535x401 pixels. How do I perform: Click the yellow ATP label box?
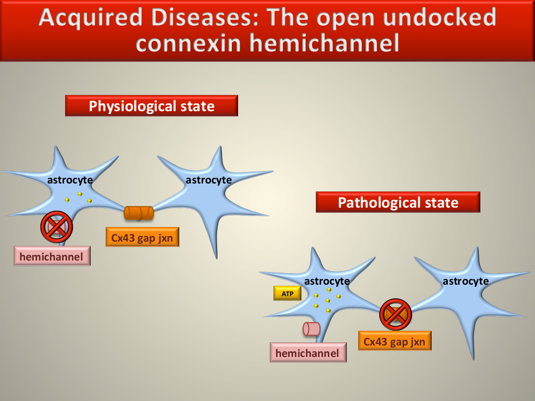(x=287, y=293)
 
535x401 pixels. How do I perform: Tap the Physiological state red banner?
(x=152, y=106)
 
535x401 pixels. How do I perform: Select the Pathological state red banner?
(x=398, y=202)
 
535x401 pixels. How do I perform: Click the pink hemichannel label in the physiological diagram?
(x=52, y=256)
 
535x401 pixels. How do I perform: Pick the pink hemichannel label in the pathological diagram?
(x=308, y=353)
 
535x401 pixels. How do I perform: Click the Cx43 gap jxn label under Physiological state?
(x=142, y=237)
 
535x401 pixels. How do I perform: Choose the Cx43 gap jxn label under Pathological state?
(x=395, y=341)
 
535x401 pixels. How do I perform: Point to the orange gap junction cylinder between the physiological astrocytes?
(x=139, y=213)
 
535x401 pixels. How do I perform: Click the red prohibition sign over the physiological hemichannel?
(x=57, y=227)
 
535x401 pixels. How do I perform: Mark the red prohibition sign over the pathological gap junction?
(x=395, y=315)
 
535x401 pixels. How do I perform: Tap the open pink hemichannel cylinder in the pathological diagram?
(x=312, y=329)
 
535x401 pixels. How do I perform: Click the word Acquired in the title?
(x=90, y=18)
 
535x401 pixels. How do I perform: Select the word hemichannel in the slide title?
(x=324, y=44)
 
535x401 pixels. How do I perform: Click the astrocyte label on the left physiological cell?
(x=70, y=180)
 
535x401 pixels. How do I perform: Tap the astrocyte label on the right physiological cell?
(x=208, y=180)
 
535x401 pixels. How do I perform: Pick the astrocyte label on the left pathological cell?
(x=327, y=281)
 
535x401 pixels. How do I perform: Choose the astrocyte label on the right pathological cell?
(x=465, y=281)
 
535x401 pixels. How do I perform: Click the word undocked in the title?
(x=440, y=17)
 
